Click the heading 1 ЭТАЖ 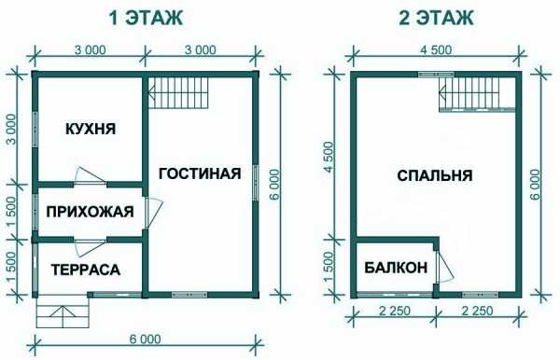pos(146,18)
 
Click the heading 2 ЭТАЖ pos(436,18)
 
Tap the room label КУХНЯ pos(91,129)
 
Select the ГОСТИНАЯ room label pos(200,173)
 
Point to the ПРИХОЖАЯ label pos(90,212)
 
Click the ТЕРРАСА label pos(86,270)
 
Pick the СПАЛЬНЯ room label pos(435,175)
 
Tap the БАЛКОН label pos(396,267)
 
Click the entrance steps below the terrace pos(63,312)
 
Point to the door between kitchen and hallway pos(91,176)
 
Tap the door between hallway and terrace pos(90,247)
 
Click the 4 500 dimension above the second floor pos(436,49)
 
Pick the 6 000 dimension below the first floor pos(145,339)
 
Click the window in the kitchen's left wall pos(35,129)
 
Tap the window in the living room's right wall pos(256,185)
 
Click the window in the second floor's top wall pos(436,75)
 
